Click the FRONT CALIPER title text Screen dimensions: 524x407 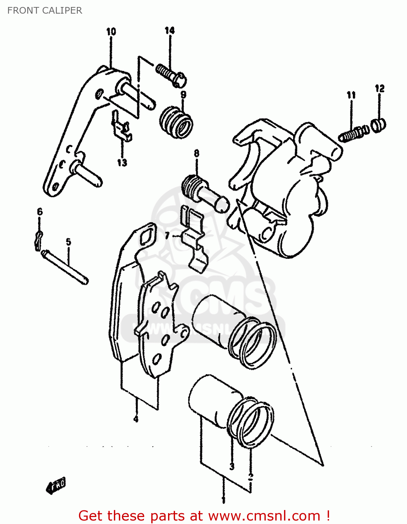(x=45, y=10)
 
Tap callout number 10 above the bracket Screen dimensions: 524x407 (x=111, y=31)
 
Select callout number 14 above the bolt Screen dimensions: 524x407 (x=169, y=30)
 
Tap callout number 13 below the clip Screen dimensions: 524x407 (x=122, y=162)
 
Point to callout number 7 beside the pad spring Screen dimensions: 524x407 (x=167, y=236)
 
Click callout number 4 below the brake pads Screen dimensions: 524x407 (x=136, y=419)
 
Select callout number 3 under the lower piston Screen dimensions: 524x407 (x=232, y=466)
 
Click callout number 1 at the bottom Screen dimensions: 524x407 (x=224, y=500)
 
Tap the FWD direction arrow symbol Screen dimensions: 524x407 (x=56, y=485)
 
